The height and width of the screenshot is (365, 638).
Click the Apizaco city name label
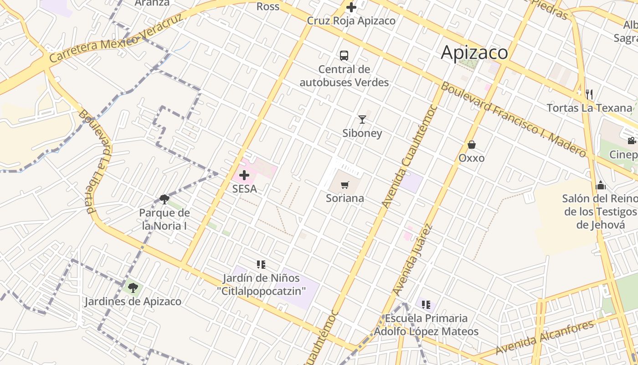pyautogui.click(x=474, y=52)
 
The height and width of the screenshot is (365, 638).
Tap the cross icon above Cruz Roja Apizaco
pyautogui.click(x=351, y=7)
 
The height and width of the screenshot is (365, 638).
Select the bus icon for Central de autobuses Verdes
pyautogui.click(x=344, y=56)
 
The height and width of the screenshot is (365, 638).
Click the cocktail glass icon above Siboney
pyautogui.click(x=362, y=120)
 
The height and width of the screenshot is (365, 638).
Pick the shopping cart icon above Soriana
pyautogui.click(x=345, y=185)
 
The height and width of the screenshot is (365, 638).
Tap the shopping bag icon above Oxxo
pyautogui.click(x=472, y=145)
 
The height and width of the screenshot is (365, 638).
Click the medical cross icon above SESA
pyautogui.click(x=244, y=175)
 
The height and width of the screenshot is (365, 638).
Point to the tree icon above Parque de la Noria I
pyautogui.click(x=165, y=199)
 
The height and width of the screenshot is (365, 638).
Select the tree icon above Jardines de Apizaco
pyautogui.click(x=133, y=287)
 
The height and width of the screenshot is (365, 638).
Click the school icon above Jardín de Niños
pyautogui.click(x=261, y=264)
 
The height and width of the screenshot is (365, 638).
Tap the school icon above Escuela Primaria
pyautogui.click(x=426, y=304)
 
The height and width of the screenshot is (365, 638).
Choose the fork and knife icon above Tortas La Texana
pyautogui.click(x=589, y=94)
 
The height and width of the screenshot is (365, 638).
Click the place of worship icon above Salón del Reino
pyautogui.click(x=601, y=185)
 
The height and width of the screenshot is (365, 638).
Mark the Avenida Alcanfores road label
pyautogui.click(x=545, y=338)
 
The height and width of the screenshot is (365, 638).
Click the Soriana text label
pyautogui.click(x=345, y=198)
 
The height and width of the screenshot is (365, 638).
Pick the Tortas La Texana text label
pyautogui.click(x=589, y=108)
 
